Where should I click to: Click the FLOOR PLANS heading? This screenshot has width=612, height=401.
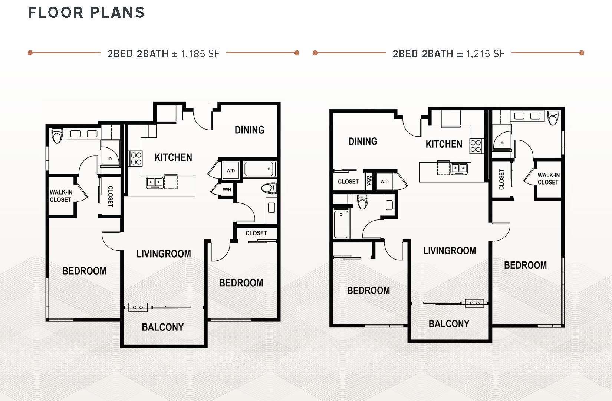86,13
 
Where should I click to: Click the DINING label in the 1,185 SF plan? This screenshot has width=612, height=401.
249,130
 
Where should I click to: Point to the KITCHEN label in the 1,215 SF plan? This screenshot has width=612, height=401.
444,144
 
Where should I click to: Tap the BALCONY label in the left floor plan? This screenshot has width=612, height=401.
162,327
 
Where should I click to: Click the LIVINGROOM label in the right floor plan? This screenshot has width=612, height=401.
449,251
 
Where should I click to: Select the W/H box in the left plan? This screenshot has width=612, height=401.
227,189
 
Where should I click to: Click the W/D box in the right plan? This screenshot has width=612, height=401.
384,182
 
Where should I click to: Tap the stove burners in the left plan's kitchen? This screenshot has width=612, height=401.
136,159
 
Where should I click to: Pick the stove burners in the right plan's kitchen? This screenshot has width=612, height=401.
476,146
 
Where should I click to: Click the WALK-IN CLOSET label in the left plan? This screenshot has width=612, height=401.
60,196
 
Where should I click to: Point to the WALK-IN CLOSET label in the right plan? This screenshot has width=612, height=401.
548,179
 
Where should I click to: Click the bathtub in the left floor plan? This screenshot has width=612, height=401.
259,169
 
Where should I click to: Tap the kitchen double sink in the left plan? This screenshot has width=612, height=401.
155,182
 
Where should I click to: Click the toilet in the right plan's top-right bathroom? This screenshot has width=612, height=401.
553,118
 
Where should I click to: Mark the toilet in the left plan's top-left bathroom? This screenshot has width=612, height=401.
57,136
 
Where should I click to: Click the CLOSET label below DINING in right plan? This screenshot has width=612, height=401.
348,182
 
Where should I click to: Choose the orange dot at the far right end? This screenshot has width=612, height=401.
582,53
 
